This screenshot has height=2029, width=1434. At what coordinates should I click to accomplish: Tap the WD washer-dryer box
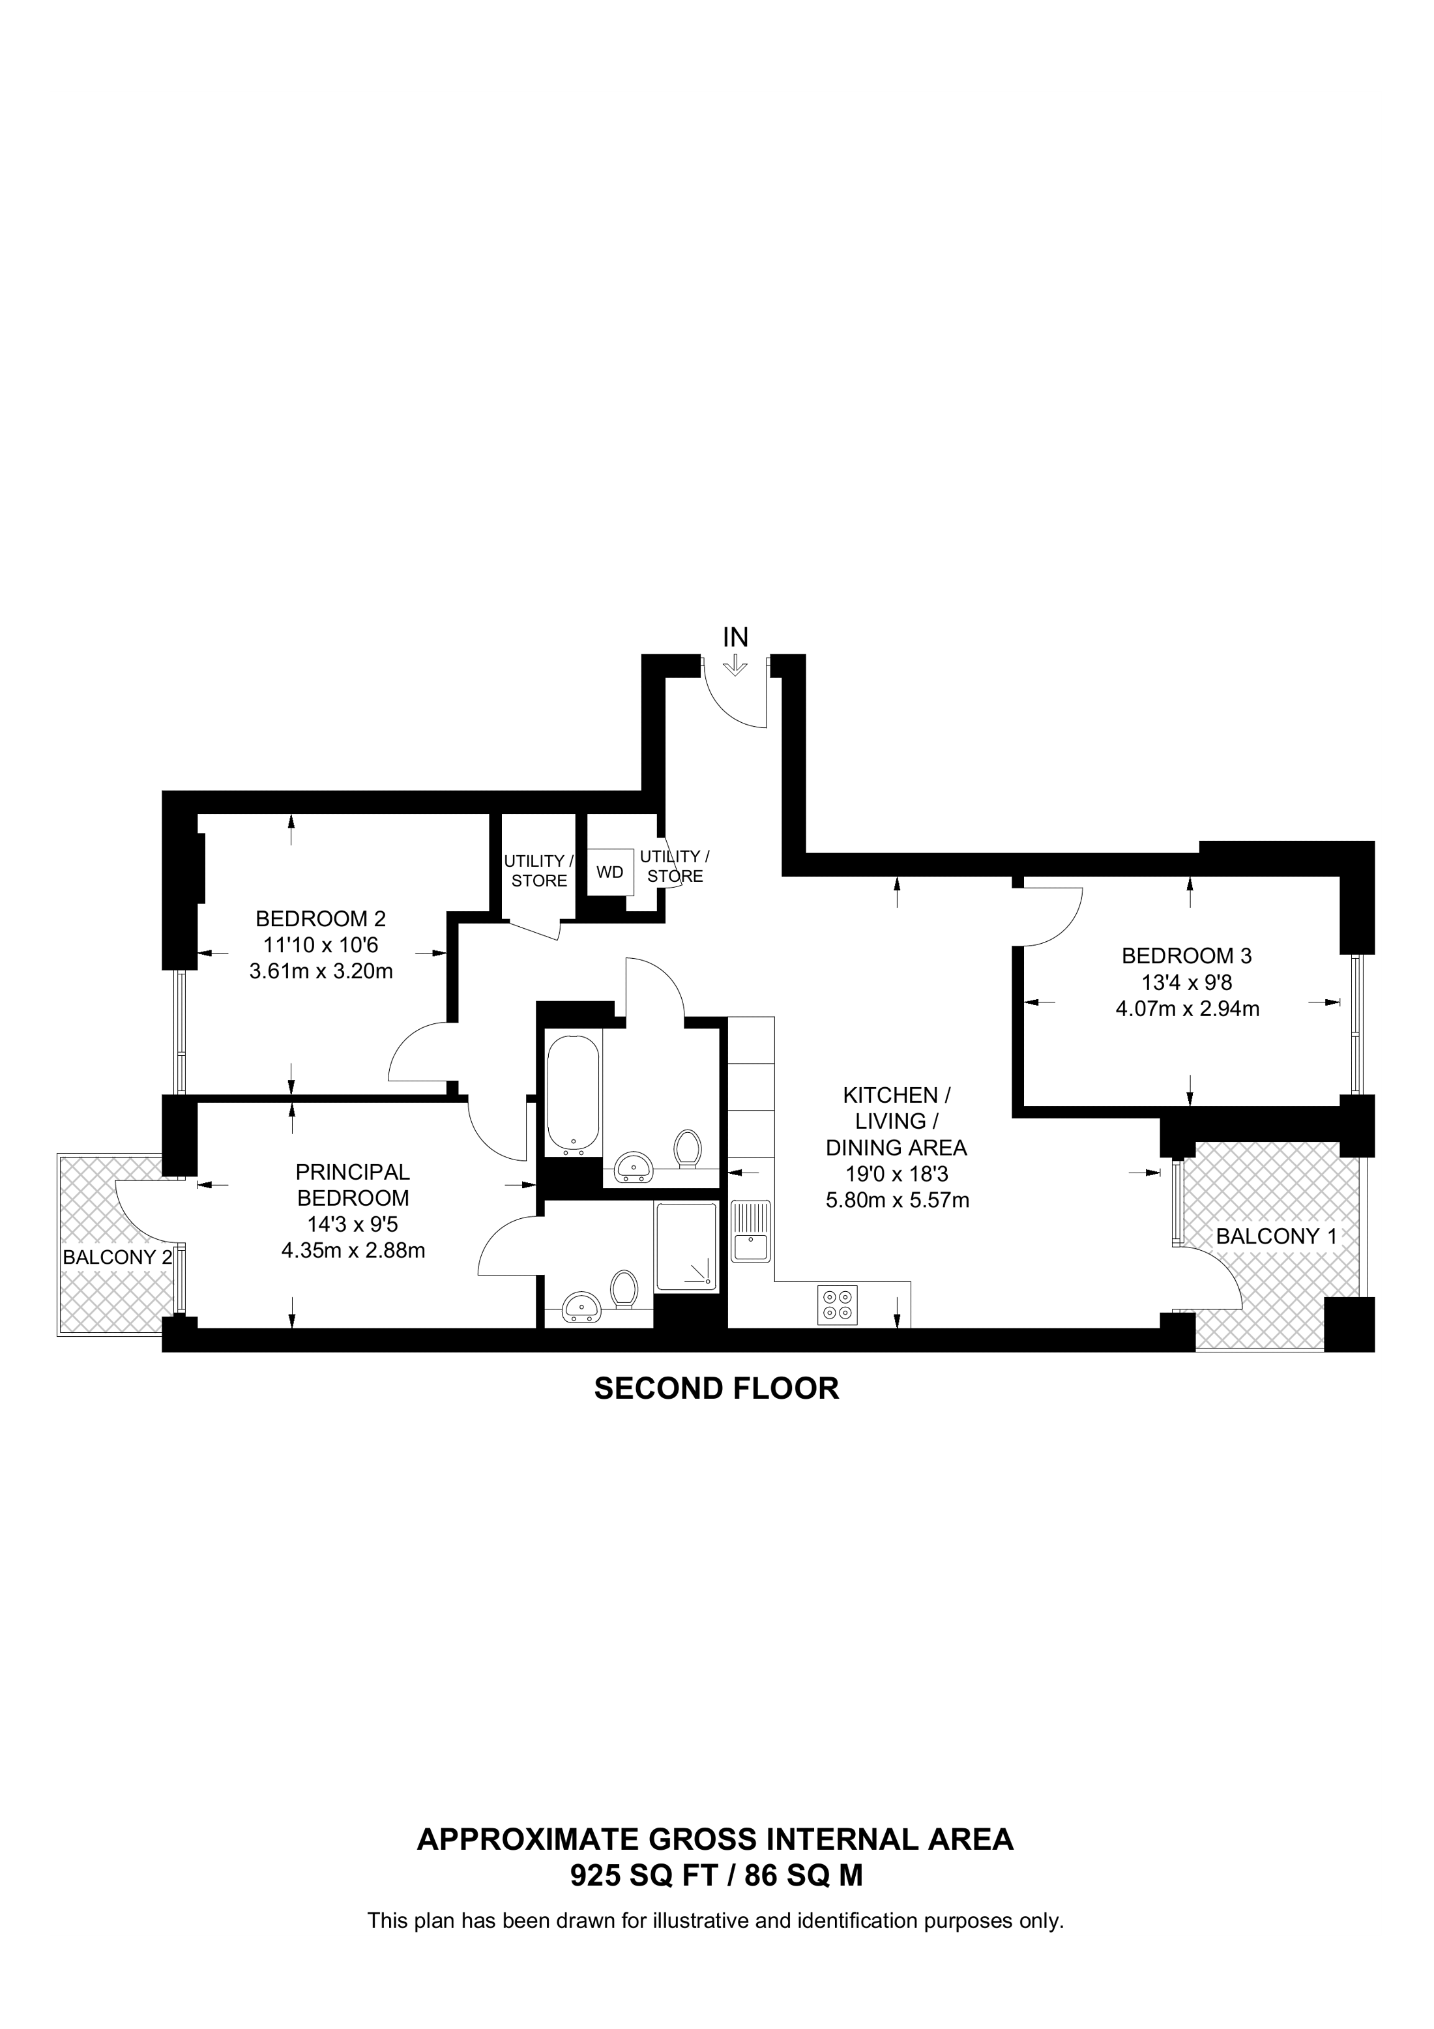(x=609, y=872)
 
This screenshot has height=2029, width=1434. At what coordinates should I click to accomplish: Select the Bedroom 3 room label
(x=1186, y=956)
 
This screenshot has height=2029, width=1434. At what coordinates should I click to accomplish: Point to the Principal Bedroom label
(x=353, y=1185)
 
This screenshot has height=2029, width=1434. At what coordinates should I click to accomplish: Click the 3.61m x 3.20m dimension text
(x=321, y=972)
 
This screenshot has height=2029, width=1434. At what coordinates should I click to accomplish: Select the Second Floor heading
(x=716, y=1388)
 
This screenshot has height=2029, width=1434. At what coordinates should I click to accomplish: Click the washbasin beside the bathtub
(x=633, y=1167)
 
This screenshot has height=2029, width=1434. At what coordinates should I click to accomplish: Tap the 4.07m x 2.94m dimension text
(x=1186, y=1008)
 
